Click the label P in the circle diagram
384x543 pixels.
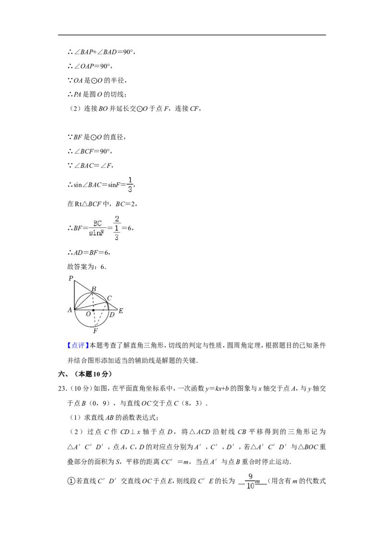pos(71,278)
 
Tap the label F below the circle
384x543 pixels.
pos(96,331)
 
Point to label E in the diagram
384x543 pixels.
pos(121,311)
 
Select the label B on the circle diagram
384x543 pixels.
pos(94,289)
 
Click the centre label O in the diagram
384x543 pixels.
pos(88,314)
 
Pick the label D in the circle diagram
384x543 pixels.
pos(111,315)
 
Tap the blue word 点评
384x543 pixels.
pos(76,345)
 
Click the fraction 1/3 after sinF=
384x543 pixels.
pos(130,185)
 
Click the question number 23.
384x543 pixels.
pos(62,389)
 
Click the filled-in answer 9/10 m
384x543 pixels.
pos(253,481)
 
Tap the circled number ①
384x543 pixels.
pos(71,481)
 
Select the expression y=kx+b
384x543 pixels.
pos(217,389)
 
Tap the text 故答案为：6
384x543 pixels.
pos(87,267)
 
